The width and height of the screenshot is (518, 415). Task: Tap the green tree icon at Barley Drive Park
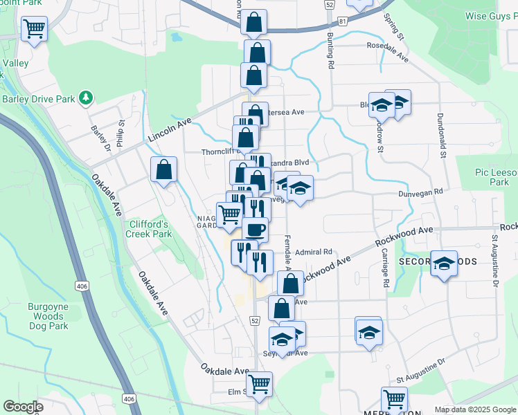[x=85, y=98]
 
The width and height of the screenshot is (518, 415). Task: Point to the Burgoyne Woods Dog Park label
[x=48, y=316]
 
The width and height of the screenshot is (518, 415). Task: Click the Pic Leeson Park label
[x=491, y=176]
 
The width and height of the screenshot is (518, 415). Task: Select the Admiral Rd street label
[x=314, y=252]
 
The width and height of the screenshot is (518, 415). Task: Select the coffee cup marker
[x=255, y=228]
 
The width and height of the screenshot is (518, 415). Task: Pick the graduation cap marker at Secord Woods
[x=444, y=264]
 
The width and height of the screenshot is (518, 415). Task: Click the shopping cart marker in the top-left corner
[x=34, y=28]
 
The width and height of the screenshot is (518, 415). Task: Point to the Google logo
[x=23, y=407]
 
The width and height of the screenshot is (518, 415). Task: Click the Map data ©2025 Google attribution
[x=474, y=409]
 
